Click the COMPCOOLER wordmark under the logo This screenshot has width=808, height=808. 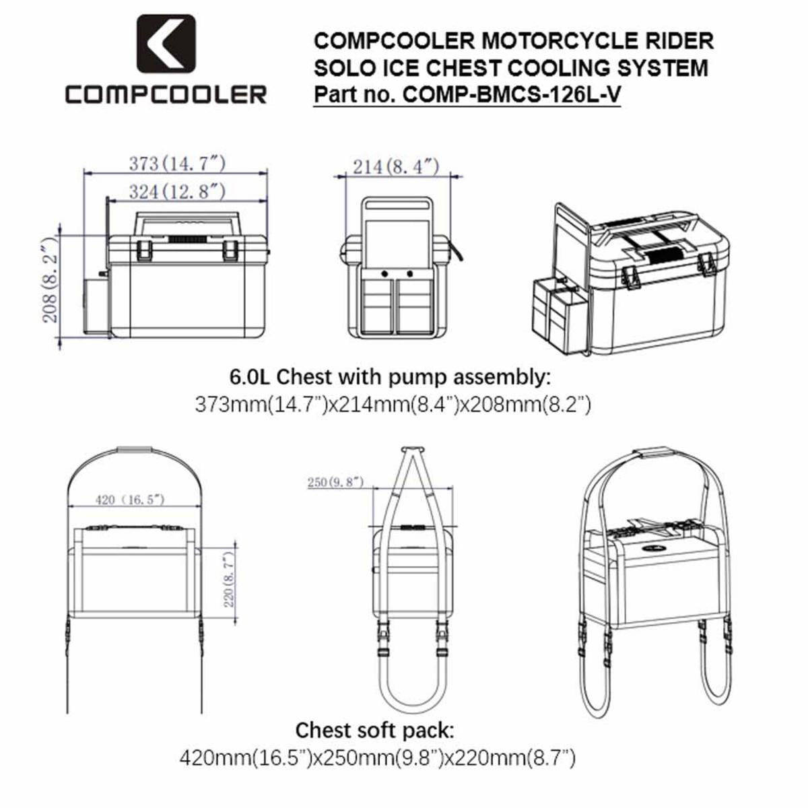[166, 94]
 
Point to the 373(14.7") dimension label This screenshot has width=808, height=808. [176, 163]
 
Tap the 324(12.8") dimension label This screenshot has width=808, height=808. [176, 191]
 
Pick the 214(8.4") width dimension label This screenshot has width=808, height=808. [396, 166]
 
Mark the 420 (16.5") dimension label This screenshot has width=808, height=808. [130, 499]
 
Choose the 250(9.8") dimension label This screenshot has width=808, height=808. [335, 482]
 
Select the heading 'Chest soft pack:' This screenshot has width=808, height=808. [375, 730]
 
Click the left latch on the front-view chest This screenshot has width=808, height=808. [144, 250]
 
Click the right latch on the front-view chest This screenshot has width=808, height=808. [230, 250]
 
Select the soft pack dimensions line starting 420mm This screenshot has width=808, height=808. [377, 759]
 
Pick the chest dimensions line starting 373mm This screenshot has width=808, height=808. [393, 405]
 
